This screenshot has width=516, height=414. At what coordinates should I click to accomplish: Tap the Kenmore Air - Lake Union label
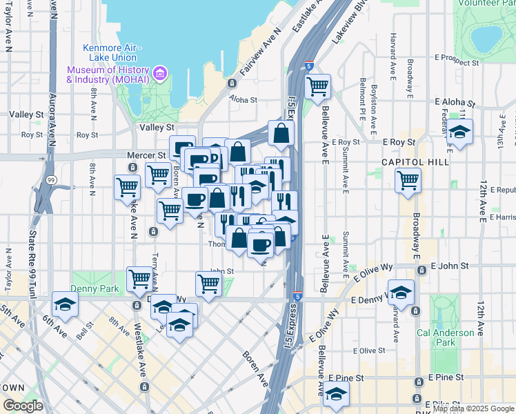pos(111,52)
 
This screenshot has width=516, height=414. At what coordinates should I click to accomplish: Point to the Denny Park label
pos(94,288)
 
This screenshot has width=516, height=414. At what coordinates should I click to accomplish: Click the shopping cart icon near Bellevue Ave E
pos(317,87)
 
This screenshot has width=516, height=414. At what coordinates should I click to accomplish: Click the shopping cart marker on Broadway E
pos(408,180)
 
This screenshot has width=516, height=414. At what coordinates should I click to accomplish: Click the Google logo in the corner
pos(23,406)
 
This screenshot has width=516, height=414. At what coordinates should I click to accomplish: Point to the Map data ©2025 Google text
pos(473,408)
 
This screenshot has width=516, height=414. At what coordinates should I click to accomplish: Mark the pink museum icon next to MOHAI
pos(160,72)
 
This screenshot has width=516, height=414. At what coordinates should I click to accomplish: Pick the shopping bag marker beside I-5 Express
pos(281,133)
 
